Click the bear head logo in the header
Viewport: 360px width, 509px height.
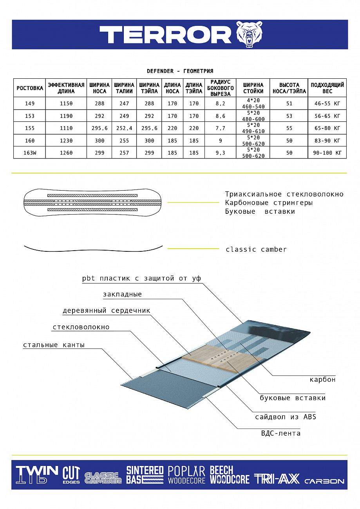[x=249, y=34]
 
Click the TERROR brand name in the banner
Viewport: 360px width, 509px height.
[x=165, y=35]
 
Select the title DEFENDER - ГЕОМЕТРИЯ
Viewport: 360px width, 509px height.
[x=180, y=71]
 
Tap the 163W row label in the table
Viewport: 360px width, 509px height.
[x=30, y=153]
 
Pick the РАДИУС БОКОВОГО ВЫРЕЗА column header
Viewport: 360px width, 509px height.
[x=220, y=88]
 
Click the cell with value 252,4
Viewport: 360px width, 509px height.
[x=124, y=128]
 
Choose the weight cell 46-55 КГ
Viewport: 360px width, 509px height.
[x=327, y=103]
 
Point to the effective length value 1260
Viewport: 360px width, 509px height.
[x=66, y=153]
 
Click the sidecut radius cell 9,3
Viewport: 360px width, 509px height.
[x=220, y=153]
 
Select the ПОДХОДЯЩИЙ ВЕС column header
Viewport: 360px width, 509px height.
[x=327, y=88]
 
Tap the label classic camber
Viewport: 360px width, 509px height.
[x=256, y=249]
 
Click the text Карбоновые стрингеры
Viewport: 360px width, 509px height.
[x=269, y=203]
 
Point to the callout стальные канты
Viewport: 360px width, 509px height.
[x=54, y=345]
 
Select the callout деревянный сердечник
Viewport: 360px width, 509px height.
[x=106, y=310]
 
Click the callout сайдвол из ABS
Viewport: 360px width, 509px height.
[x=286, y=417]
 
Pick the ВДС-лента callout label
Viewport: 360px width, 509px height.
[x=281, y=433]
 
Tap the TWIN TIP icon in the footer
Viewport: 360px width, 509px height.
[x=36, y=474]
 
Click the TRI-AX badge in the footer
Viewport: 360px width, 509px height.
[x=277, y=478]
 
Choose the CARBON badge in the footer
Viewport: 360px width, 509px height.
[x=324, y=481]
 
